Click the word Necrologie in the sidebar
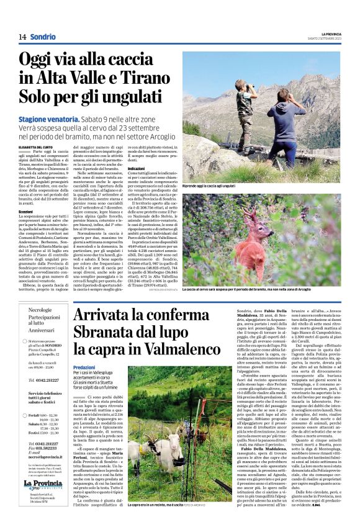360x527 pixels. coord(40,309)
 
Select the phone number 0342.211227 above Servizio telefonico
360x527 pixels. coord(47,380)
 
